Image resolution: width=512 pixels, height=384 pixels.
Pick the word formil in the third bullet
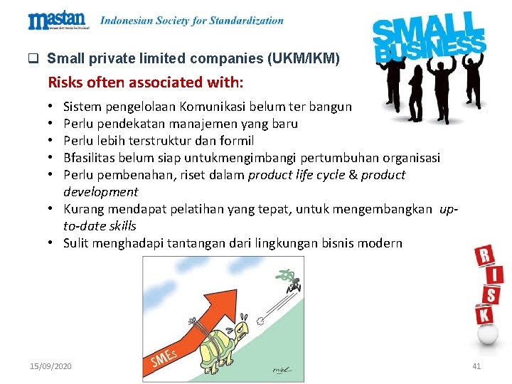237,141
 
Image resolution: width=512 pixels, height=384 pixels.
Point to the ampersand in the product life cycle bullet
352,175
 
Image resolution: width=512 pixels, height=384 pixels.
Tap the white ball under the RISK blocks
486,333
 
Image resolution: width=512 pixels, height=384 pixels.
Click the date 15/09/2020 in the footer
50,366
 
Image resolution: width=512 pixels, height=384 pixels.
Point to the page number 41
476,366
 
